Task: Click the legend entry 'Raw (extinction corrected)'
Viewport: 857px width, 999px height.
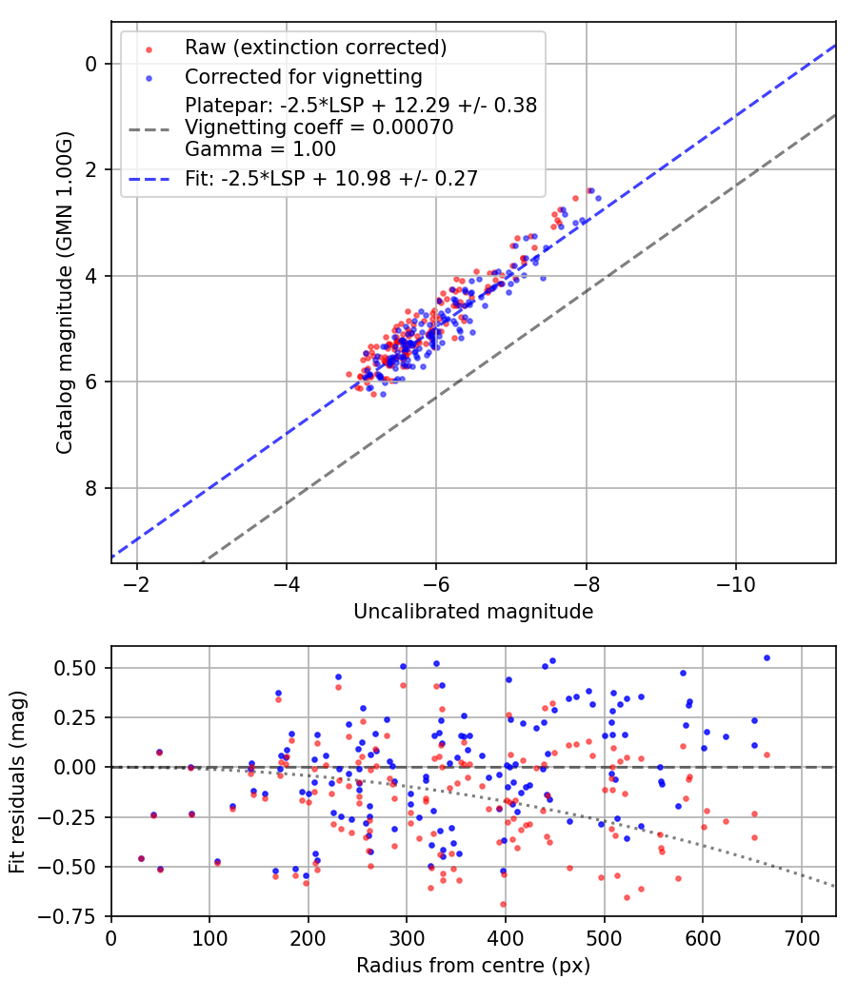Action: point(315,48)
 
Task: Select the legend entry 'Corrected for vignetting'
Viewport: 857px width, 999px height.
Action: point(304,76)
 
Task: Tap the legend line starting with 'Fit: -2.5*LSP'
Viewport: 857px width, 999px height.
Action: point(331,178)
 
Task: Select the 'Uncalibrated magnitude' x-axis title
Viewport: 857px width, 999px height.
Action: point(473,612)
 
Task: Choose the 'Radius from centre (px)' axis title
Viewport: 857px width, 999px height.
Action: point(473,966)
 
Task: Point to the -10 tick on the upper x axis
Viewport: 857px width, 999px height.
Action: point(735,581)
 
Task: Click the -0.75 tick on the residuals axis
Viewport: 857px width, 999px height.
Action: point(76,916)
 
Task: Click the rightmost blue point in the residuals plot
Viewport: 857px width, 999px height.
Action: point(767,657)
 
